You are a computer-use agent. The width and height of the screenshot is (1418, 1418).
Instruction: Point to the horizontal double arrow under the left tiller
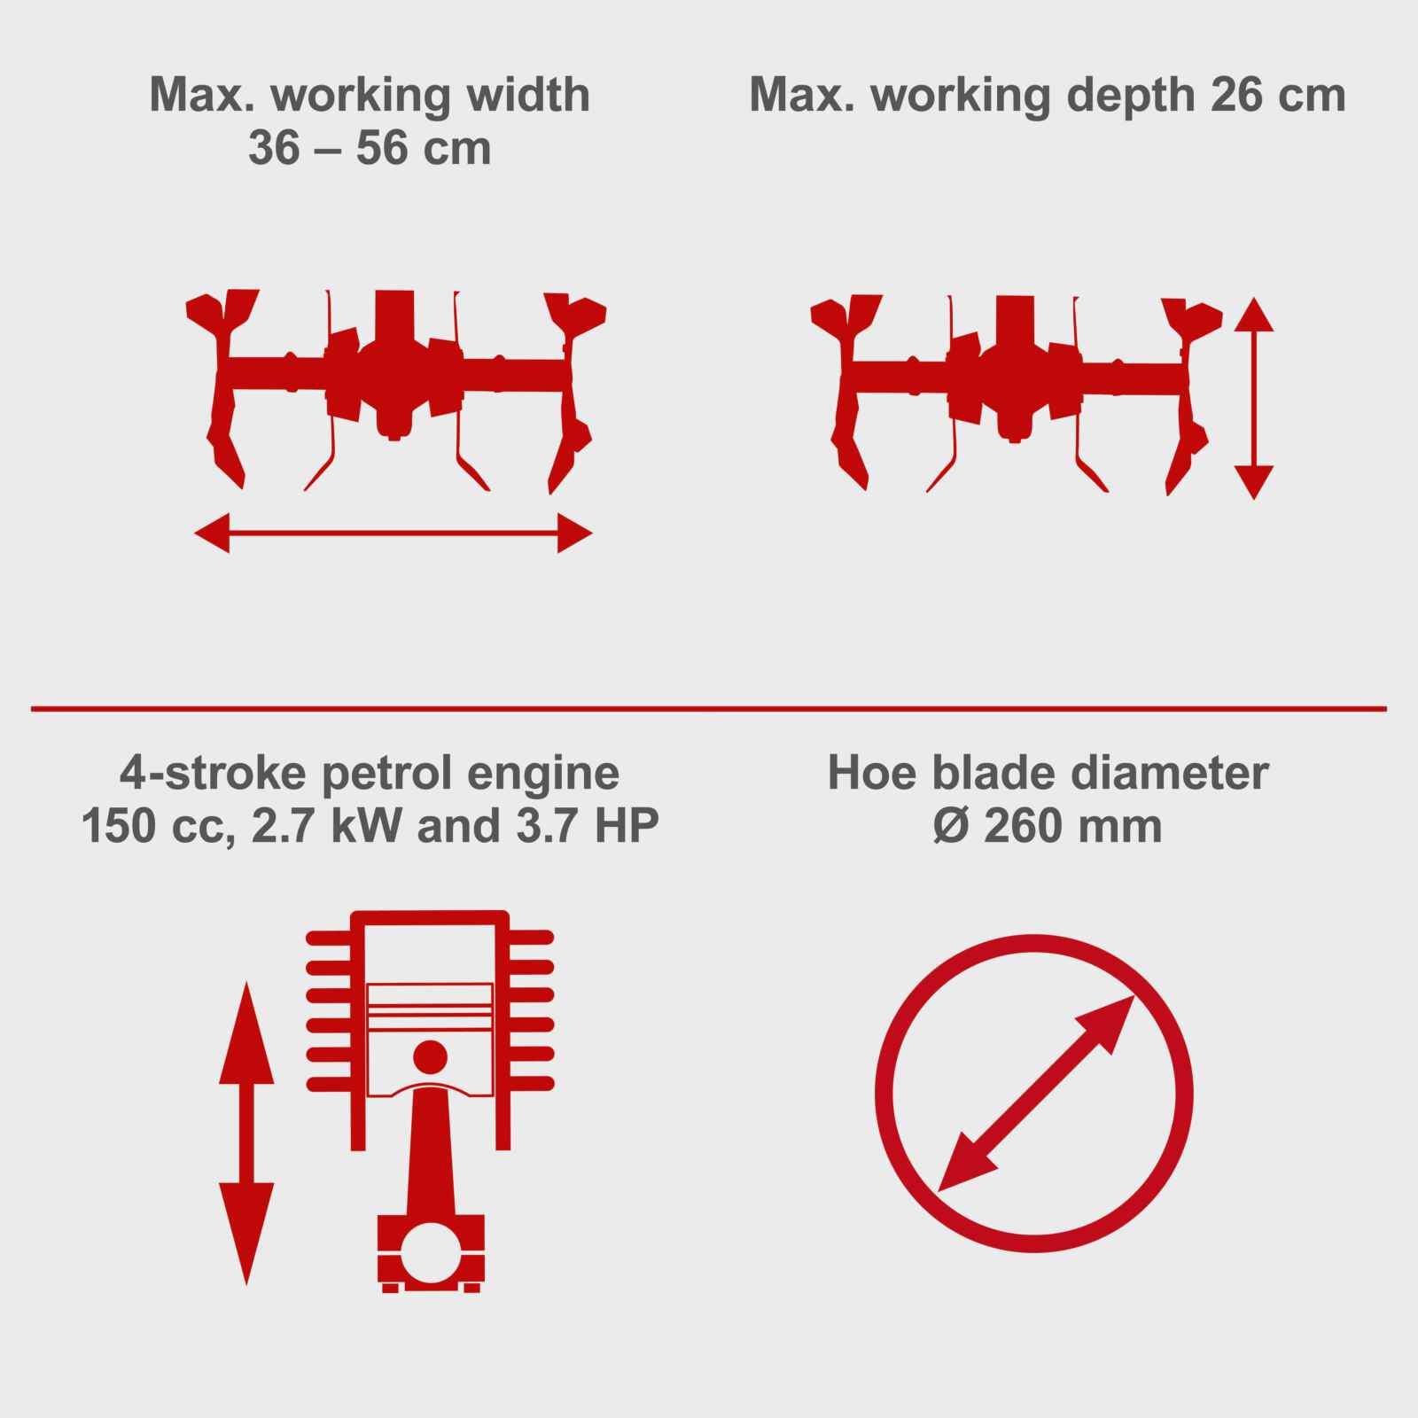(x=393, y=533)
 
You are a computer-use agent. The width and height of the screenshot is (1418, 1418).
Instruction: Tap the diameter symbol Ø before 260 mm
(x=953, y=826)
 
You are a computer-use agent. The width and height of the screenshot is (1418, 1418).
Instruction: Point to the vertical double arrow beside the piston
(x=246, y=1133)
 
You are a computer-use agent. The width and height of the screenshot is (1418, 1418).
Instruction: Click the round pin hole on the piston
(x=431, y=1056)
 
